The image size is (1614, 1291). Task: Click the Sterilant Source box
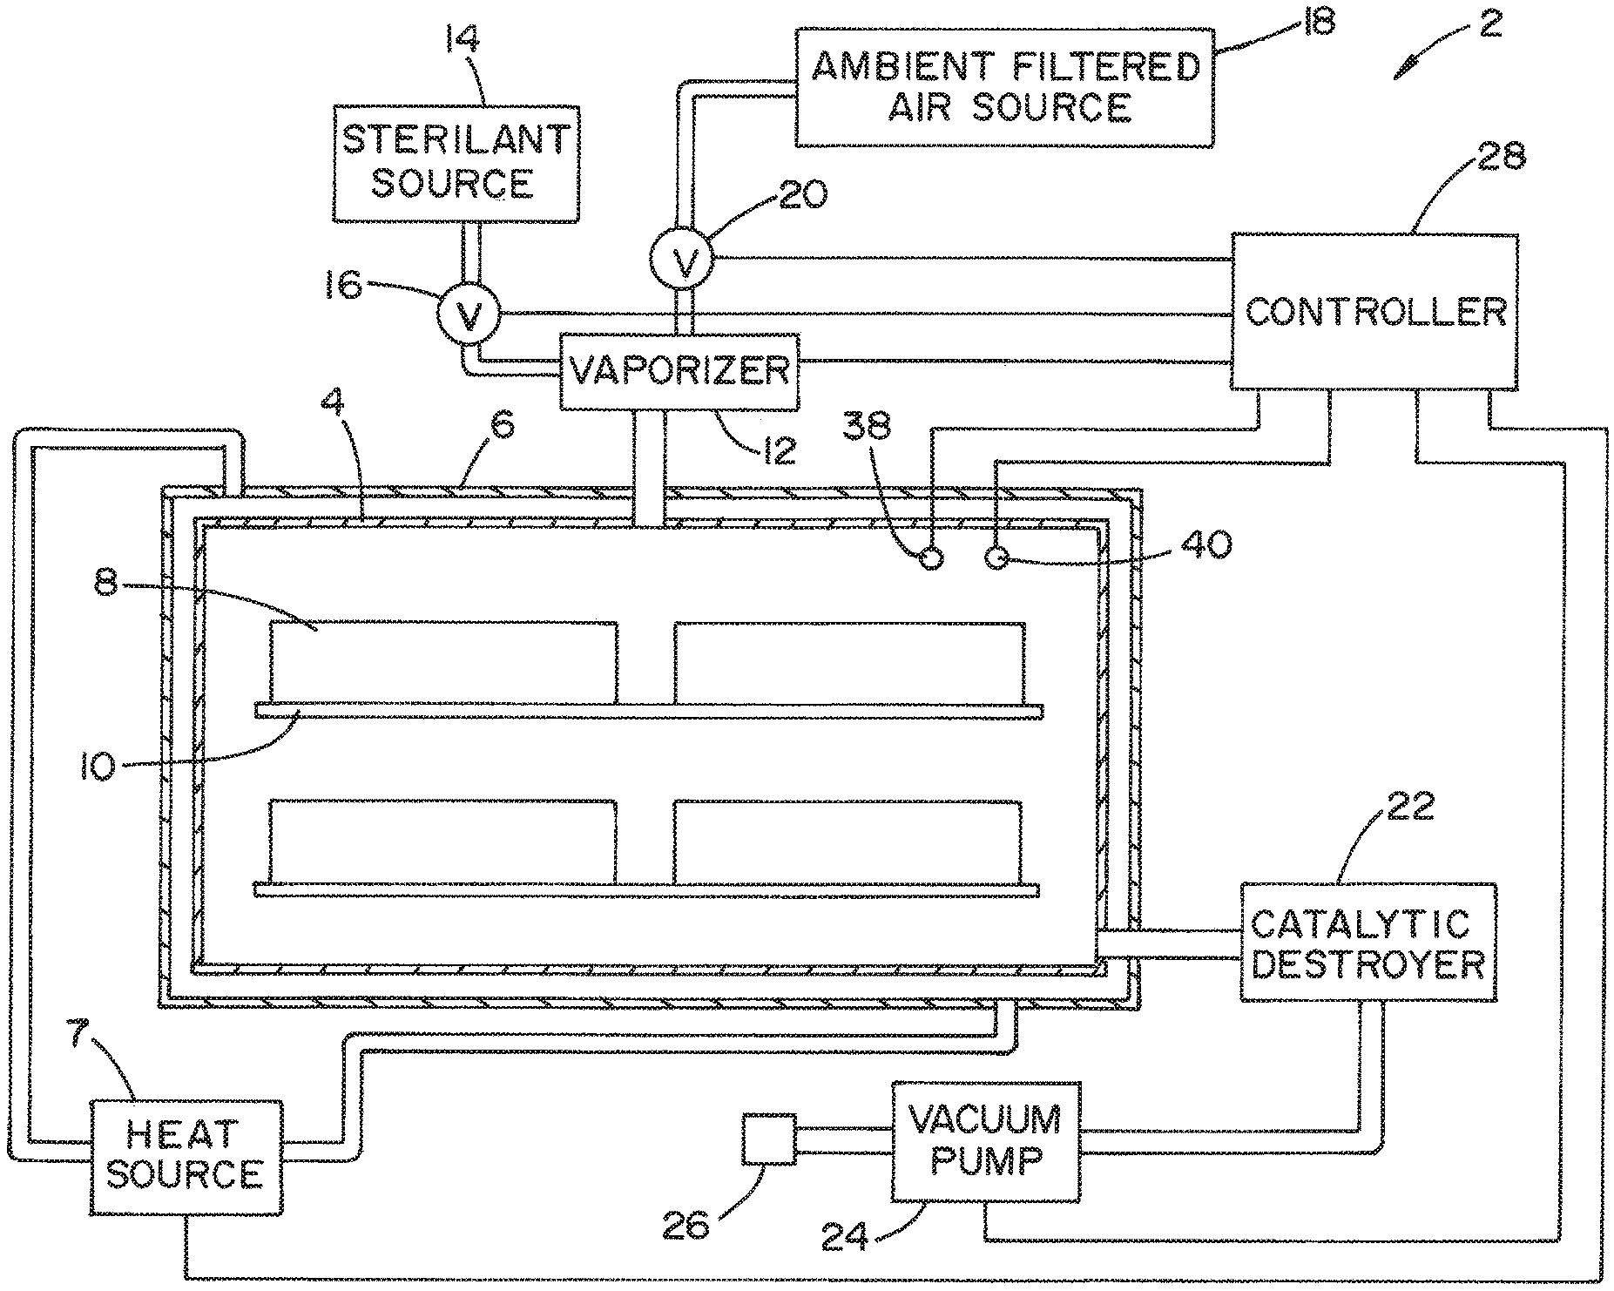pos(456,163)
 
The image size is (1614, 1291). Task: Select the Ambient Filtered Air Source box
pos(1005,86)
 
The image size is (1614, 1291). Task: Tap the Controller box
pos(1374,311)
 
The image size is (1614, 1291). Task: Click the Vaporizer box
pos(679,371)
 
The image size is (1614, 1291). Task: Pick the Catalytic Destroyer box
pos(1368,943)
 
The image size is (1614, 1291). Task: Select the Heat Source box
pos(186,1156)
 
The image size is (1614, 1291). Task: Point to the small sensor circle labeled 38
pos(931,558)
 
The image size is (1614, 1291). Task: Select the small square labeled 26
pos(769,1139)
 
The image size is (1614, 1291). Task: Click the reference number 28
pos(1502,156)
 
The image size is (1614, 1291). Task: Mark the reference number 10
pos(98,768)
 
